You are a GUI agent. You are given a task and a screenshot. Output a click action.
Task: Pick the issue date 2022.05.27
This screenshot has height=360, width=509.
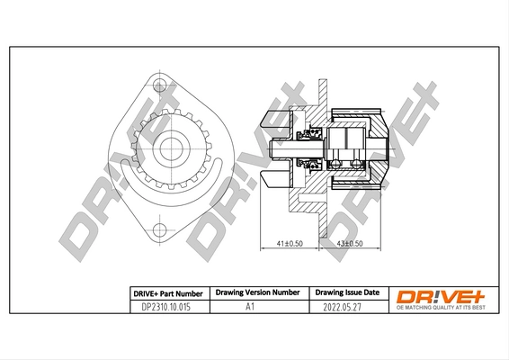(x=347, y=306)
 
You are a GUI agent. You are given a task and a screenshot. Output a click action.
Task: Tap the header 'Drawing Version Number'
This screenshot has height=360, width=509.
(x=257, y=292)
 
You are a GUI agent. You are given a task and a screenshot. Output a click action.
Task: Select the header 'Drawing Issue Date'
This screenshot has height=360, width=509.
(x=347, y=292)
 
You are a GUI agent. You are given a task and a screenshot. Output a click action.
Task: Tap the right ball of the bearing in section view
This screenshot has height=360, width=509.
(x=357, y=163)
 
